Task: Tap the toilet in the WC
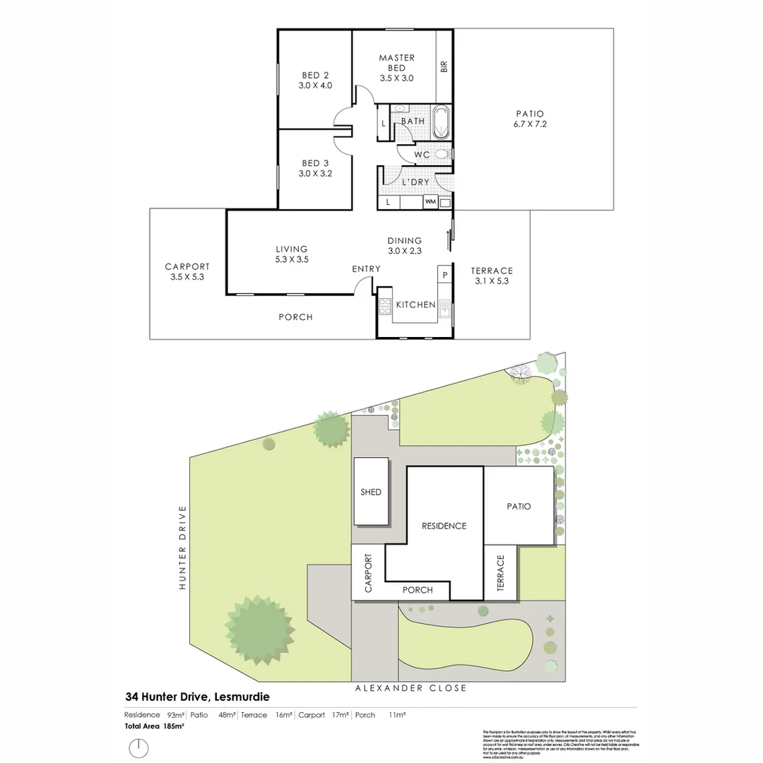coord(443,153)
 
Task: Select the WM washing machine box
coord(430,202)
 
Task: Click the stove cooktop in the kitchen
coord(386,307)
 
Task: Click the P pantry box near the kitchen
coord(445,275)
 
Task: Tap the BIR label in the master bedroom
coord(444,66)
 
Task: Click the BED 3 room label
coord(315,168)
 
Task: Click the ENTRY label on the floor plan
coord(366,269)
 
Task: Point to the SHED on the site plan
coord(371,492)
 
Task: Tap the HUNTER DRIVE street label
coord(182,548)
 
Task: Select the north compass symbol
coord(139,748)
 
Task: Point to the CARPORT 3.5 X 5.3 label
coord(187,272)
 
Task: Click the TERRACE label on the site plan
coord(501,573)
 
